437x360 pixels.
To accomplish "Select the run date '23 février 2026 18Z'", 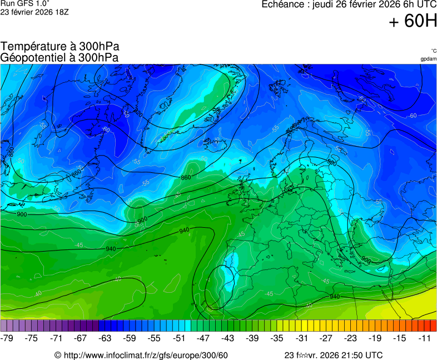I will pos(34,12).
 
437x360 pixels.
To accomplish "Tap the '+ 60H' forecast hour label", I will pos(413,22).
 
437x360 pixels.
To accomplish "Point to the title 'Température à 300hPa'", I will pos(60,47).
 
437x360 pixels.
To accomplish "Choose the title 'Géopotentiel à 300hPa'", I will pos(60,57).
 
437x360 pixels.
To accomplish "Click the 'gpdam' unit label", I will pos(428,58).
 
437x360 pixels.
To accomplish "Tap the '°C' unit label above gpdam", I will pos(433,51).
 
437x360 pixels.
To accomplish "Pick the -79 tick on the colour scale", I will pos(8,338).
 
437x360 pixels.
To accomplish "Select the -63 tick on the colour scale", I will pos(105,338).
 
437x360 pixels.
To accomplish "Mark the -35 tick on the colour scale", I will pos(276,338).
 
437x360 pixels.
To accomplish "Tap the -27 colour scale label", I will pos(325,338).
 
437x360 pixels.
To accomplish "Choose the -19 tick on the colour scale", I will pos(375,338).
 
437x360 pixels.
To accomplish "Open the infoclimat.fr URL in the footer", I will pos(146,355).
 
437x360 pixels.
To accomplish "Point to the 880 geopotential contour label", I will pos(11,151).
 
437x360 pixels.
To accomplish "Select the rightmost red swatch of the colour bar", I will pos(434,326).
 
